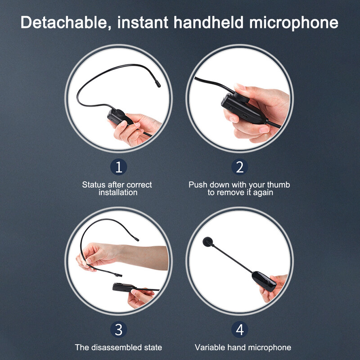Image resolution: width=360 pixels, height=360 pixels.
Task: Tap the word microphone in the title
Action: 294,23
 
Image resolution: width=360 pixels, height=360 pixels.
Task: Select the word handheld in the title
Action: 208,22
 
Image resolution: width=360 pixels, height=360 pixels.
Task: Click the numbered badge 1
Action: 118,167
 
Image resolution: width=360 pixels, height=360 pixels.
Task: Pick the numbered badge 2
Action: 239,167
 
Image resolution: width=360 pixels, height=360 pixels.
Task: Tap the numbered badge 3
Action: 118,329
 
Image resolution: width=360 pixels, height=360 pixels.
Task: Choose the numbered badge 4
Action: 239,329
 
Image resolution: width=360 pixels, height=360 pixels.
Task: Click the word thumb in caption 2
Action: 279,184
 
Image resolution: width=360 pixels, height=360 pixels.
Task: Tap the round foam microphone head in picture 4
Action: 208,242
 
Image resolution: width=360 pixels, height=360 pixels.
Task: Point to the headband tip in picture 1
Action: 158,84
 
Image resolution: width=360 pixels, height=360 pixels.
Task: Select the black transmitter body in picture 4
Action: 264,281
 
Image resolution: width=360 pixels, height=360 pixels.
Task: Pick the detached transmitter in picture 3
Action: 124,287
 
